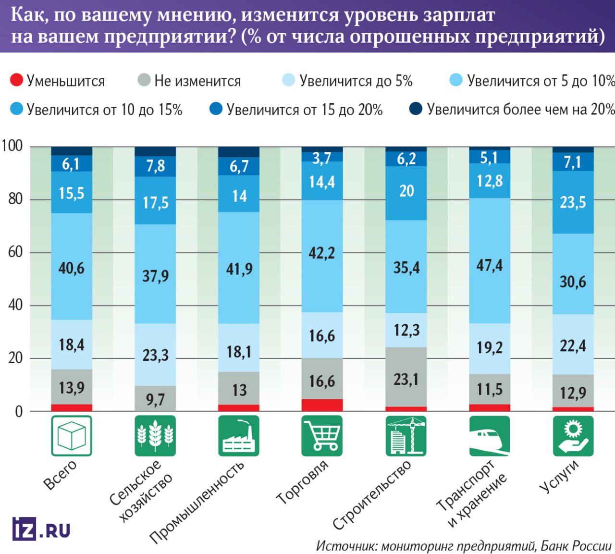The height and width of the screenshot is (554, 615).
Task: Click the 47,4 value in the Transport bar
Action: pyautogui.click(x=489, y=265)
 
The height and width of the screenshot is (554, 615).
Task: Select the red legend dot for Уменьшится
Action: pyautogui.click(x=16, y=80)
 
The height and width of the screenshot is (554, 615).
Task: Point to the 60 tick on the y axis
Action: pyautogui.click(x=15, y=252)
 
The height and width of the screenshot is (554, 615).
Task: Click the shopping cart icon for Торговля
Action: pyautogui.click(x=322, y=436)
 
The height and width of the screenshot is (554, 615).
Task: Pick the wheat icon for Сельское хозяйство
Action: pyautogui.click(x=155, y=436)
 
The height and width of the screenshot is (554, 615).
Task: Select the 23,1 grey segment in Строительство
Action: pyautogui.click(x=406, y=380)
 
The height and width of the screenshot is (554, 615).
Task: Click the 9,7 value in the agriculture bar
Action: pyautogui.click(x=155, y=399)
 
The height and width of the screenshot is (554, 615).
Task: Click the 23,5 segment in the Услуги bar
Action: pyautogui.click(x=573, y=202)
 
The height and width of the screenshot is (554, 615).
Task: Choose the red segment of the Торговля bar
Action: pyautogui.click(x=322, y=405)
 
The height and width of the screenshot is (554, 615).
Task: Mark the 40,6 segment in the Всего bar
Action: pyautogui.click(x=72, y=268)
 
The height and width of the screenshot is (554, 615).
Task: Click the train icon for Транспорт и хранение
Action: pyautogui.click(x=489, y=436)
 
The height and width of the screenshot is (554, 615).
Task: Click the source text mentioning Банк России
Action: pyautogui.click(x=464, y=546)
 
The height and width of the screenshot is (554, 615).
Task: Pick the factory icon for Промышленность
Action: pyautogui.click(x=239, y=436)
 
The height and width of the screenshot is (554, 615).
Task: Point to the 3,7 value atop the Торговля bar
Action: pyautogui.click(x=322, y=158)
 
